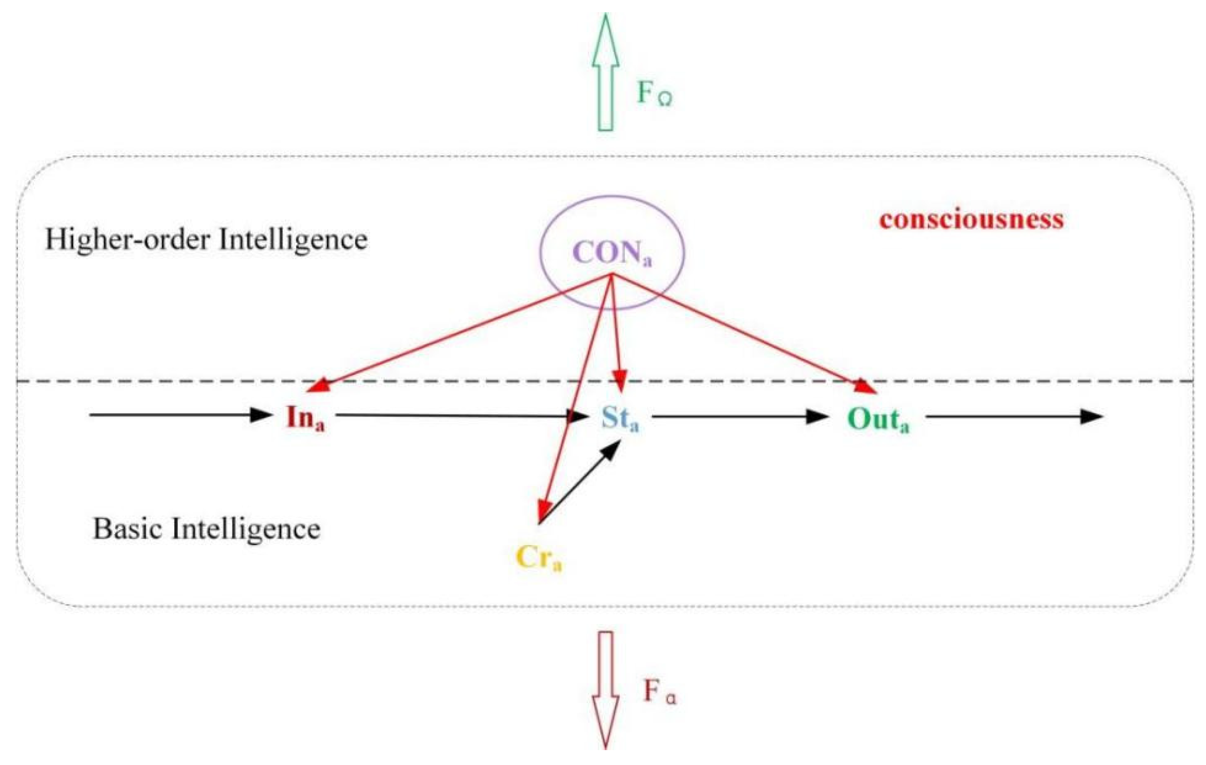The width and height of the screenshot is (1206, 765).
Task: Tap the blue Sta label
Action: click(620, 418)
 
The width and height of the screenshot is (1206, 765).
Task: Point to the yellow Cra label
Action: click(538, 557)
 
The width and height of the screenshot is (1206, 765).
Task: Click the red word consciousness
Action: click(971, 219)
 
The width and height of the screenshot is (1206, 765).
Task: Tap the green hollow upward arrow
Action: click(605, 73)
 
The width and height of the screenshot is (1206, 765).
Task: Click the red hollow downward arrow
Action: click(605, 689)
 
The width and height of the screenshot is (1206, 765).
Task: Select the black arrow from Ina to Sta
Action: click(451, 415)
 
